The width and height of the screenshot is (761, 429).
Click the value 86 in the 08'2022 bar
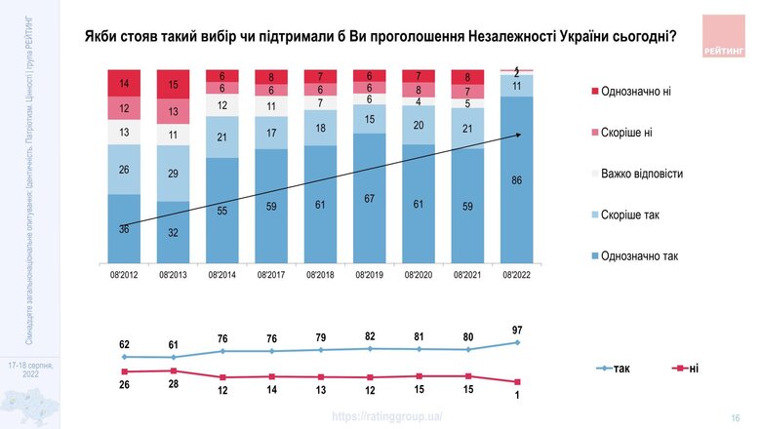pyautogui.click(x=516, y=181)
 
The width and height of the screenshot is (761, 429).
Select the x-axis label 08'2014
pyautogui.click(x=222, y=276)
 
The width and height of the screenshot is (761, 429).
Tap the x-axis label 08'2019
pyautogui.click(x=369, y=276)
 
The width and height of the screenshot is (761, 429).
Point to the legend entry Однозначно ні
pyautogui.click(x=643, y=91)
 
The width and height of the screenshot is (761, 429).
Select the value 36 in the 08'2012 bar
pyautogui.click(x=124, y=229)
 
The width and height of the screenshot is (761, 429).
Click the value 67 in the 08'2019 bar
pyautogui.click(x=369, y=199)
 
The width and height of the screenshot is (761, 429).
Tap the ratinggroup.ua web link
pyautogui.click(x=387, y=416)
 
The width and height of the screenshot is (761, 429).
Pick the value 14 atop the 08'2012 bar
pyautogui.click(x=124, y=84)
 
